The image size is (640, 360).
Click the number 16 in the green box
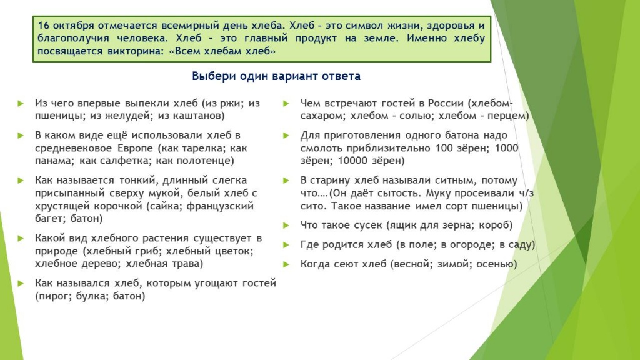click(44, 26)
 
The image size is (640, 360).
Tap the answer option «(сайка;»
click(164, 206)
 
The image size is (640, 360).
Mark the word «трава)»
click(187, 264)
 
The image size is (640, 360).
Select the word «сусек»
click(368, 225)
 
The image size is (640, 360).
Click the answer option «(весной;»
click(409, 264)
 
